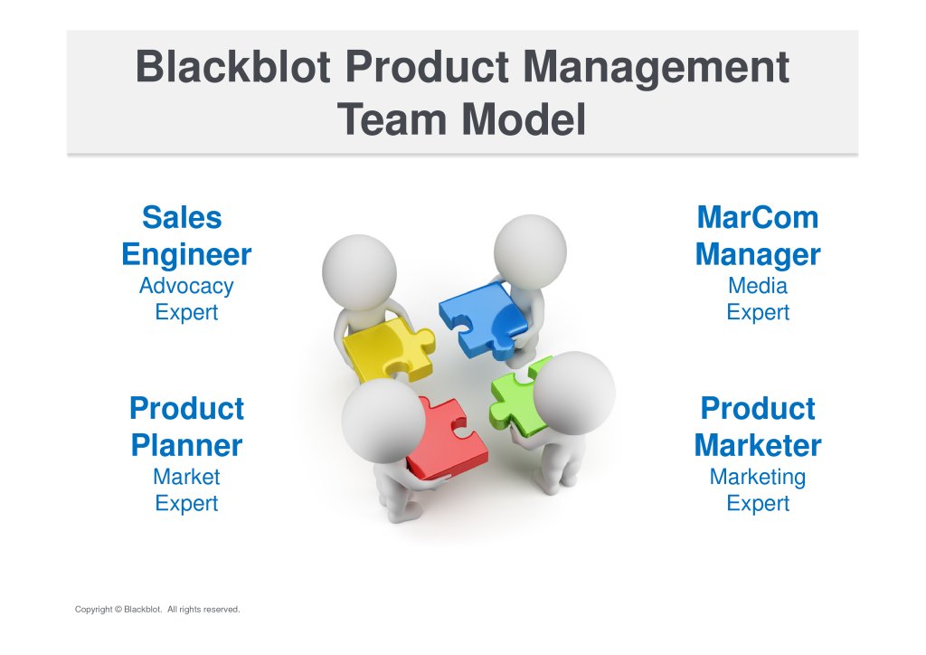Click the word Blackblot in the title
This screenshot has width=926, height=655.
click(232, 66)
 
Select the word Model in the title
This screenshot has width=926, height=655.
click(524, 119)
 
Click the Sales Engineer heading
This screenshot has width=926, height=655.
click(186, 236)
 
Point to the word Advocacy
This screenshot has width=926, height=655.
click(186, 287)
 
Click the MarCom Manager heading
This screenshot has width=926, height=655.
click(758, 236)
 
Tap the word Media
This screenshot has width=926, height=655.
click(758, 286)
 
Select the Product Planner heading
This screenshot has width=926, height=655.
click(186, 427)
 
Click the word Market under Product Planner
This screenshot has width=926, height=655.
click(186, 477)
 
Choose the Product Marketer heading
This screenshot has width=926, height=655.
click(758, 427)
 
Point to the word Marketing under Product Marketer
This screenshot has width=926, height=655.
click(758, 478)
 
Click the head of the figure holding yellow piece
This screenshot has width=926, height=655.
click(359, 272)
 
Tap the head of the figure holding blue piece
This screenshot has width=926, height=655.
click(530, 252)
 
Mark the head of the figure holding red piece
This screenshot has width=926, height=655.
click(383, 420)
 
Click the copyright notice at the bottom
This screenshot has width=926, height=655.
click(157, 610)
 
